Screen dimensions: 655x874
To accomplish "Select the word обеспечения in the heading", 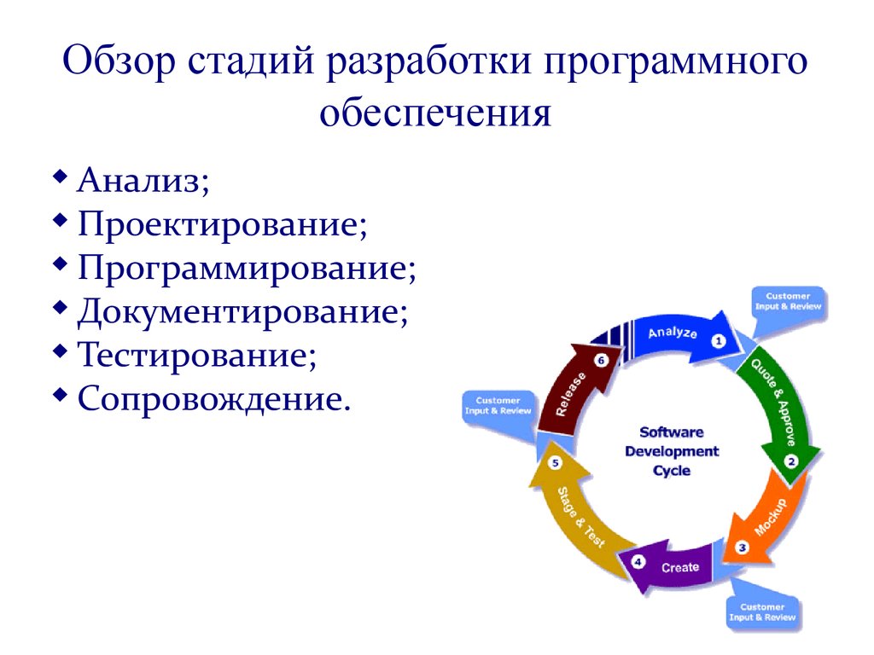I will coord(436,113).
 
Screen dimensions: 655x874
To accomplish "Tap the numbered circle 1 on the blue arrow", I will coord(718,341).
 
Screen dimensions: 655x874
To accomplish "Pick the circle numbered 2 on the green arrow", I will coord(791,461).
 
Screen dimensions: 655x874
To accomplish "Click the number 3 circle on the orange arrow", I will coord(742,548).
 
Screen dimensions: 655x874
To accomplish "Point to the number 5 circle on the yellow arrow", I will coord(556,464).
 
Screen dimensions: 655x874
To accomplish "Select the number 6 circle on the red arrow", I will coord(600,361).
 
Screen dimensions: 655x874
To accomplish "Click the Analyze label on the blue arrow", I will coord(673,333).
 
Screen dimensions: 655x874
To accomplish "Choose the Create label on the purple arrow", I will coord(680,567).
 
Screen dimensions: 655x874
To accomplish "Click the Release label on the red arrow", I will coord(570,394).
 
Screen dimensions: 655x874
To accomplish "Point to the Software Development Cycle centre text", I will coord(672,451).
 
